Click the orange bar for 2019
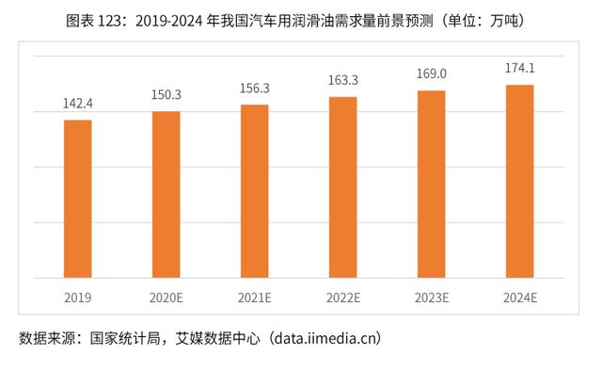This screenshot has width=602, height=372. click(x=78, y=199)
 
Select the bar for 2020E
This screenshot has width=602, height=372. click(x=166, y=195)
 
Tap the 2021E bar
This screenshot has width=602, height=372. click(x=255, y=191)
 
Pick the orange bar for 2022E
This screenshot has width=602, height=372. click(x=343, y=187)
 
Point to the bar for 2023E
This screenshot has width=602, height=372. click(x=432, y=185)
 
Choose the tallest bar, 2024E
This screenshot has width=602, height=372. click(x=520, y=182)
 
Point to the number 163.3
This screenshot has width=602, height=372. click(x=343, y=82)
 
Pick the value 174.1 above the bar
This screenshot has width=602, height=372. click(x=520, y=70)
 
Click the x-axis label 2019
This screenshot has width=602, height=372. click(x=78, y=298)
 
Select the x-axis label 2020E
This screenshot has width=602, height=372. click(x=166, y=298)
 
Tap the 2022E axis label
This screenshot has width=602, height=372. click(x=343, y=298)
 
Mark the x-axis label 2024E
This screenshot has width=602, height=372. click(x=520, y=298)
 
